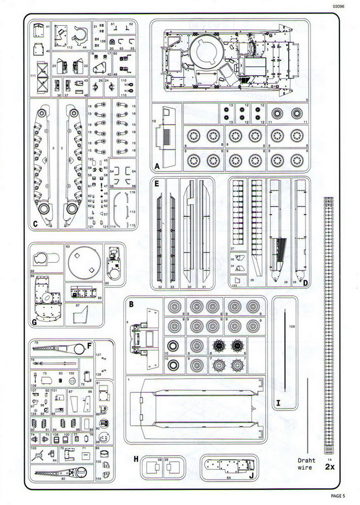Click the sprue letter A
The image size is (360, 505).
pos(158,166)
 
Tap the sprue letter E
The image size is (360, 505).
pos(158,183)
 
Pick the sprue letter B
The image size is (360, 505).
pos(131,304)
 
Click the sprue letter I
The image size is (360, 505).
pos(278,402)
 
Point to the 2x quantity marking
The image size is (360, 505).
pos(330,467)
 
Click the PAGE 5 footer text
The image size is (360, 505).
pos(342,496)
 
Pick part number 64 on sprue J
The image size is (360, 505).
pos(228,477)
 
